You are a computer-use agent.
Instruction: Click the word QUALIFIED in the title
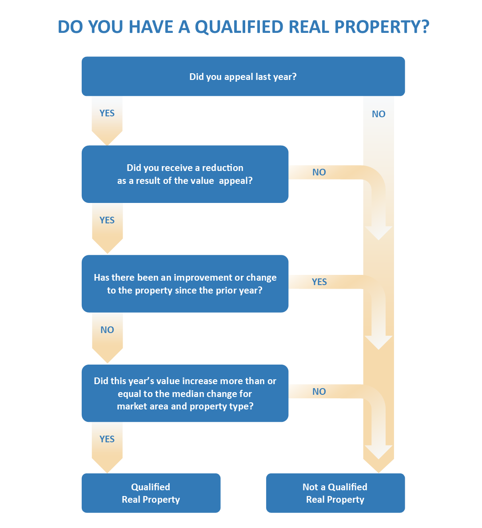pyautogui.click(x=239, y=27)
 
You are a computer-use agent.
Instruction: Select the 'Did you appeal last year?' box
pyautogui.click(x=243, y=76)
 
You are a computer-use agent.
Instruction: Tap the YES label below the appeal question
pyautogui.click(x=107, y=113)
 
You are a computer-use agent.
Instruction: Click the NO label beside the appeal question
pyautogui.click(x=378, y=114)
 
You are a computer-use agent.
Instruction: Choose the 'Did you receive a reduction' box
pyautogui.click(x=185, y=174)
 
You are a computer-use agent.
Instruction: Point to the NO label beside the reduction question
pyautogui.click(x=319, y=172)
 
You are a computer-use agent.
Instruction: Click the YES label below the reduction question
pyautogui.click(x=107, y=220)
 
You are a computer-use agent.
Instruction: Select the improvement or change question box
pyautogui.click(x=185, y=284)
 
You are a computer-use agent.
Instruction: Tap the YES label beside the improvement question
pyautogui.click(x=319, y=282)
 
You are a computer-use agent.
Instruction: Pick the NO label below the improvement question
pyautogui.click(x=107, y=330)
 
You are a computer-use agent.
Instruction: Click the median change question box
pyautogui.click(x=185, y=393)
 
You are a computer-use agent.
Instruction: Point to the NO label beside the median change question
pyautogui.click(x=319, y=392)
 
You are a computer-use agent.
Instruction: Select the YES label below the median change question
pyautogui.click(x=107, y=439)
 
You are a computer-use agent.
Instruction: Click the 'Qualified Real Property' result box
pyautogui.click(x=151, y=493)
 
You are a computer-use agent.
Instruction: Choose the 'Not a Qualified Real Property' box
pyautogui.click(x=335, y=493)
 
